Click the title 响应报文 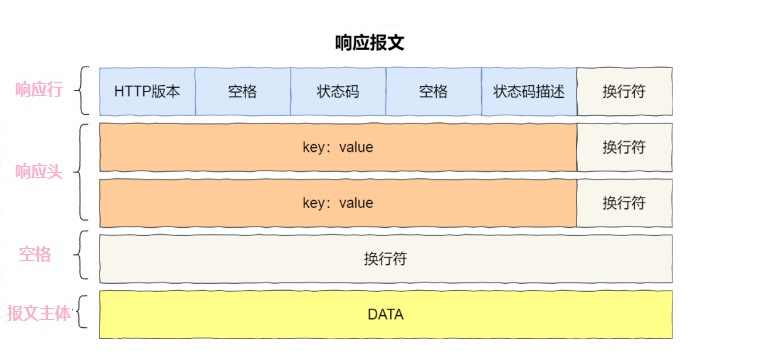tap(369, 43)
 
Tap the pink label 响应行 tap(39, 90)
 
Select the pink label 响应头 tap(39, 172)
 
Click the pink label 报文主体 tap(39, 313)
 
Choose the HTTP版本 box tap(147, 91)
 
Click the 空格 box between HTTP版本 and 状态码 tap(242, 91)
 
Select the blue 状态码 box tap(338, 91)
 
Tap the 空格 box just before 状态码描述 tap(433, 91)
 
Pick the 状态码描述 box tap(529, 91)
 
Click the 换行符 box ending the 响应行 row tap(624, 91)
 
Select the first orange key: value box tap(338, 147)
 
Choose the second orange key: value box tap(338, 203)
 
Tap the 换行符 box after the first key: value tap(624, 147)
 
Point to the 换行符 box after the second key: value tap(624, 203)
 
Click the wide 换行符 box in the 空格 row tap(385, 258)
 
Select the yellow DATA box tap(385, 314)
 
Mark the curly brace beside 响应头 tap(82, 172)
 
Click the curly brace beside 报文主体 tap(82, 313)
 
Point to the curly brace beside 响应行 tap(82, 90)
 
